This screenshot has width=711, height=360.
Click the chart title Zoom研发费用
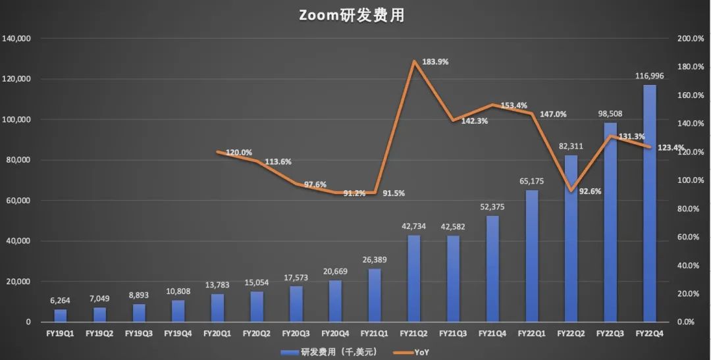tap(352, 16)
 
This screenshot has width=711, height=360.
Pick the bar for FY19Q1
tap(61, 315)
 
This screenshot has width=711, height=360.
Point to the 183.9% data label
tap(435, 62)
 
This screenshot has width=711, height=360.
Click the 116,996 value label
tap(649, 76)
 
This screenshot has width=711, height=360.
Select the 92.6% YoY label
tap(591, 192)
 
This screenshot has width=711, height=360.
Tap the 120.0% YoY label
tap(239, 152)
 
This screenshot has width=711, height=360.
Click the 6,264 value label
tap(61, 301)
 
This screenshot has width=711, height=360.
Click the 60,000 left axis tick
tap(18, 201)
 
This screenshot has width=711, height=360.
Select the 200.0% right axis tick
tap(691, 39)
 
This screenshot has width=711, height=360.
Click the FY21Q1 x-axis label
tap(375, 334)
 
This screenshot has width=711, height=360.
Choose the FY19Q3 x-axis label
tap(139, 334)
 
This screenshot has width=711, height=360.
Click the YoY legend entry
tap(416, 352)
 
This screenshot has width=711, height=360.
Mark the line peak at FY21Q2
tap(413, 61)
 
